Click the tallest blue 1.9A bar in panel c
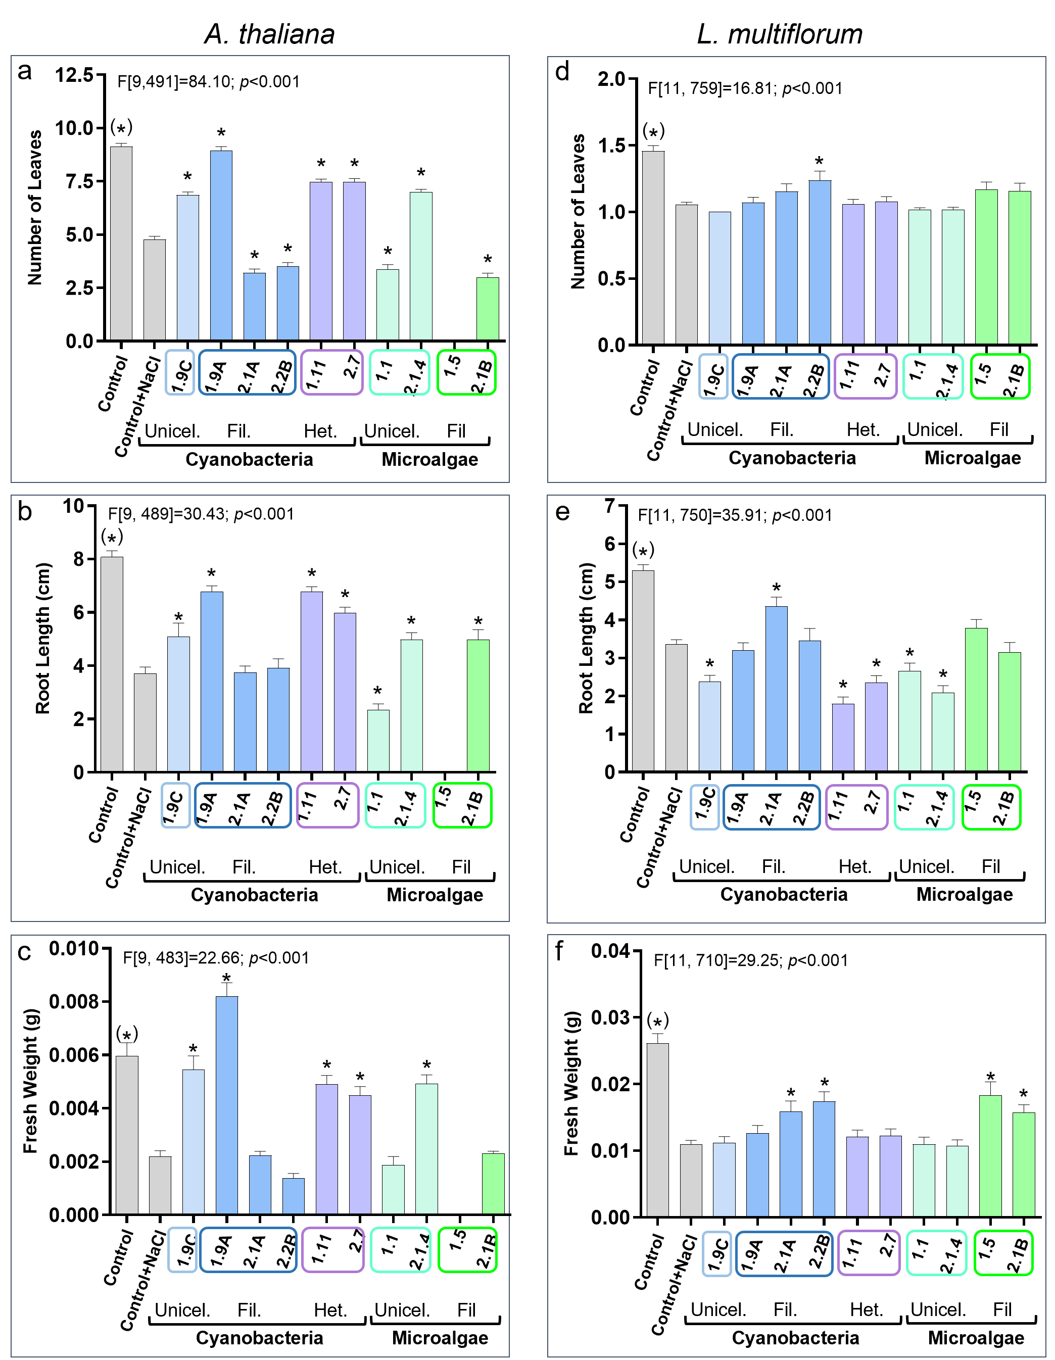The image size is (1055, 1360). [x=227, y=1105]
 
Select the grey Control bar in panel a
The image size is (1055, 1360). [x=121, y=244]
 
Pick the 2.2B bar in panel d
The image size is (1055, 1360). [x=820, y=262]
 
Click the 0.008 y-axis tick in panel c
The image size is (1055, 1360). [x=73, y=1002]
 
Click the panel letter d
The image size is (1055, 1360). [x=562, y=72]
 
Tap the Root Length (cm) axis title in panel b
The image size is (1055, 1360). [x=42, y=638]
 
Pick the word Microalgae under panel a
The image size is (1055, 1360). [x=429, y=460]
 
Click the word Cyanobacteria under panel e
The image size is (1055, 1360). [x=784, y=894]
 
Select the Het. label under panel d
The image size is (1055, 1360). [x=862, y=429]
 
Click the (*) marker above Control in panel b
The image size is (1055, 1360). [x=112, y=538]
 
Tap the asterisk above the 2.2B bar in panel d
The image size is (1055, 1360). [x=819, y=162]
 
